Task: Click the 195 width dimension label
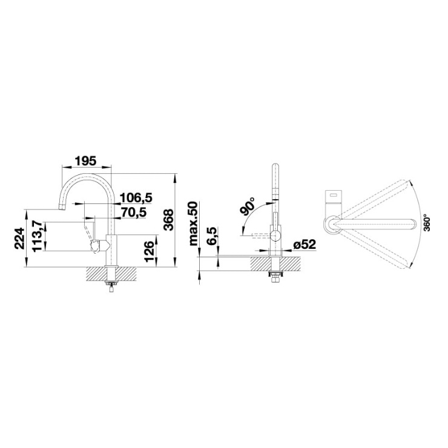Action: (x=85, y=161)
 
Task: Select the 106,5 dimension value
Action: (x=136, y=197)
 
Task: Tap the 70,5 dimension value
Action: (x=133, y=212)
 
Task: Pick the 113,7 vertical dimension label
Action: (x=38, y=236)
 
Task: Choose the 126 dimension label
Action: (x=150, y=251)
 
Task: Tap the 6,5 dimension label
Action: (x=212, y=236)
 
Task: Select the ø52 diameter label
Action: (x=305, y=245)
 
